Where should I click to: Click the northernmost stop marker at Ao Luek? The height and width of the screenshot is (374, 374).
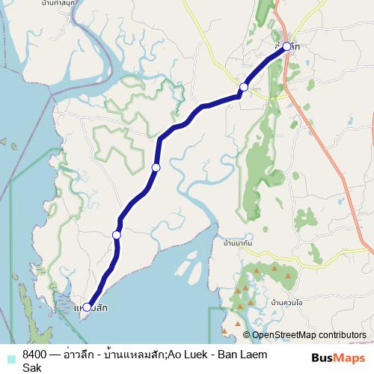pos(286,46)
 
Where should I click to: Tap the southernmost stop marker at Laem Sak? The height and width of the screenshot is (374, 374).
pos(87,307)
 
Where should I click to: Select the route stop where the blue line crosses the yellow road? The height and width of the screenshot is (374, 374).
pos(243,88)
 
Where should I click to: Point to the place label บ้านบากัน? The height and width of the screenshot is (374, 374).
pos(239,244)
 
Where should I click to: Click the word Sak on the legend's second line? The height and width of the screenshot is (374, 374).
pos(31,367)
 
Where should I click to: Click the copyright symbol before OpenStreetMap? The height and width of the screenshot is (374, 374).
pos(247,335)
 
